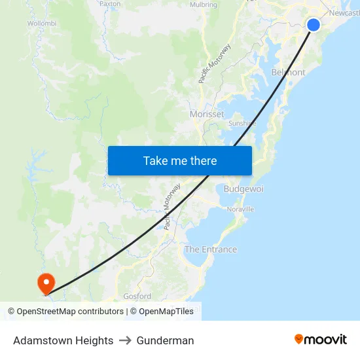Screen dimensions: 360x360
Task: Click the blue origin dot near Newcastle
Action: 314,25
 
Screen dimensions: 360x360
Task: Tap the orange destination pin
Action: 46,283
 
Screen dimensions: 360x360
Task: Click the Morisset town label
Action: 207,114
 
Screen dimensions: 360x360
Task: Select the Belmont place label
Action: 288,73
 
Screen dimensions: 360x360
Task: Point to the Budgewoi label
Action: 243,189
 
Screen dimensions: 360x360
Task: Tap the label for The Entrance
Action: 211,249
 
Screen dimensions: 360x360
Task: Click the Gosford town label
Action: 137,297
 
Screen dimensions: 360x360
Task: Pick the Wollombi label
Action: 42,24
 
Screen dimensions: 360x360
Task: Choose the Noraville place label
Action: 240,209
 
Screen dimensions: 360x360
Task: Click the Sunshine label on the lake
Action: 242,123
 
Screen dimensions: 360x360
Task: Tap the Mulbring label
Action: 203,5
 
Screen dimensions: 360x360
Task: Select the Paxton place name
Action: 110,4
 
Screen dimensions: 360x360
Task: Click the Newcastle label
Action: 344,13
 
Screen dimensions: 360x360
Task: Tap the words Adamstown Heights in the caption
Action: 63,340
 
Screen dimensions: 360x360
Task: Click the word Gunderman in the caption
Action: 165,340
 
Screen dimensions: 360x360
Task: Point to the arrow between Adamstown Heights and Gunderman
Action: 125,340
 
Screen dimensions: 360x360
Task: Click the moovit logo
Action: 320,339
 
